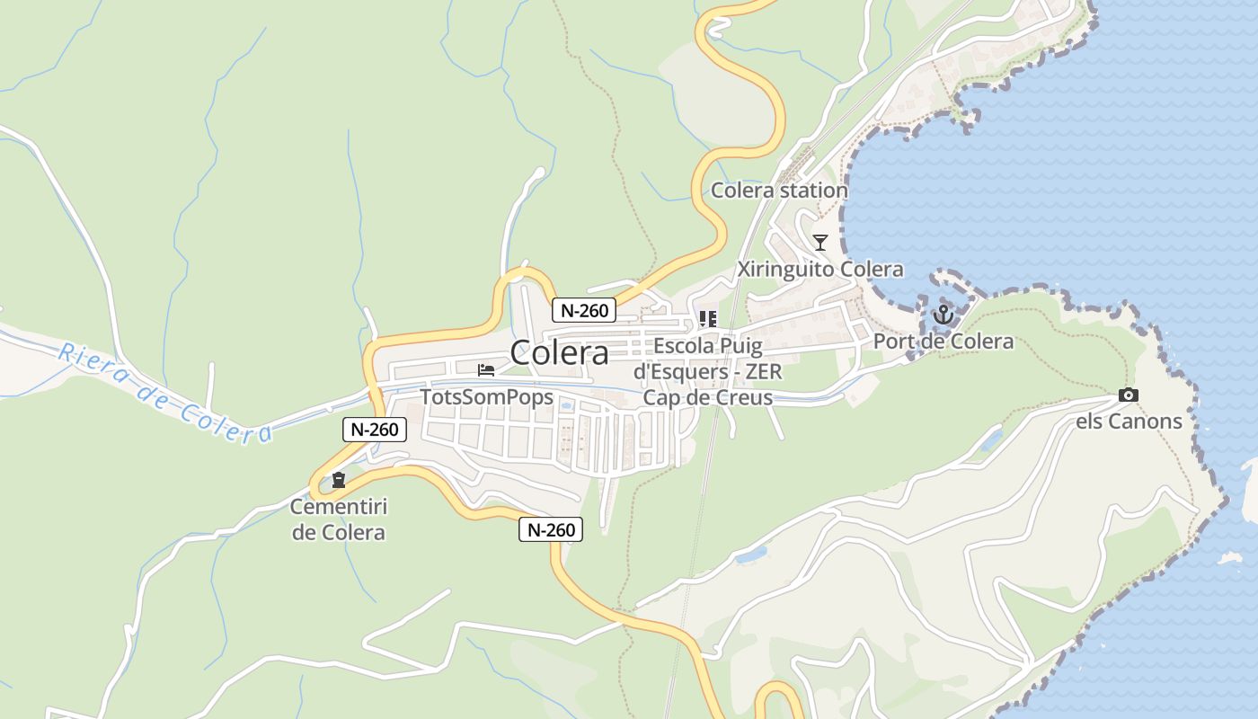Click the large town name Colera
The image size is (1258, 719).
point(559,352)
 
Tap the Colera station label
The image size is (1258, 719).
point(779,191)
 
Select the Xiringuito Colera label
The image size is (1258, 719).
point(820,270)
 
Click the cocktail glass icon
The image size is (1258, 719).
point(820,242)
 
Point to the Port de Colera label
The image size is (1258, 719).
point(943,342)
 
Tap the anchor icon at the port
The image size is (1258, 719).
point(943,315)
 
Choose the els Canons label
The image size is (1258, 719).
point(1130,421)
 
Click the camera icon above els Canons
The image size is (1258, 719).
point(1129,395)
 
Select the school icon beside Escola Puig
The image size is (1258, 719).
point(708,319)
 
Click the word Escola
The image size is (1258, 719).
point(685,346)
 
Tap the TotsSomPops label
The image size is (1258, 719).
point(487,397)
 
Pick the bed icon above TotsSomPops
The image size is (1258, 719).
point(486,369)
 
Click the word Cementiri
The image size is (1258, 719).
point(338,507)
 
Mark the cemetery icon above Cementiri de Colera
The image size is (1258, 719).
point(339,480)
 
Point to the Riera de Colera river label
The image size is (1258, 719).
point(165,394)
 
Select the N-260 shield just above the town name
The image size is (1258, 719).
point(584,311)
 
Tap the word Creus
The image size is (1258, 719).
point(740,396)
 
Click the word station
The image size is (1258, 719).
point(813,191)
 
